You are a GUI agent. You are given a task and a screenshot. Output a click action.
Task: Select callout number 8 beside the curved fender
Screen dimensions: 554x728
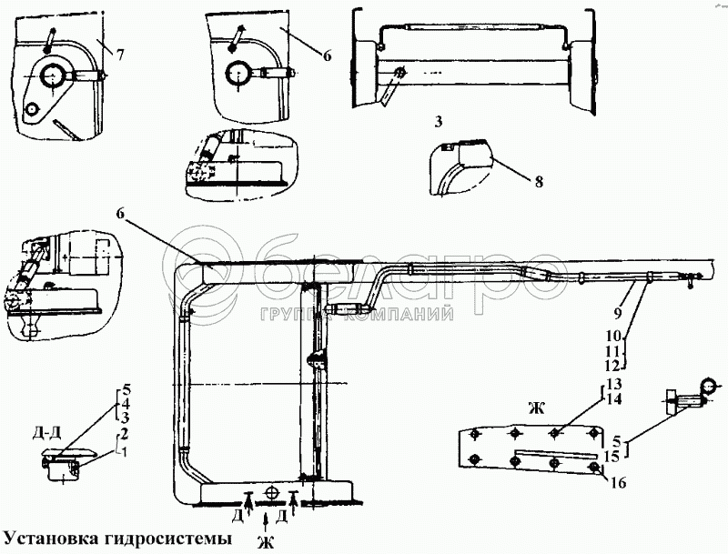pos(539,181)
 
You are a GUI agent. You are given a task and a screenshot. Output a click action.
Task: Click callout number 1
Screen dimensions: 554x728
pos(125,453)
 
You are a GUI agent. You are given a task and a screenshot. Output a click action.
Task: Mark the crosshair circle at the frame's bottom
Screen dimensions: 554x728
pos(270,492)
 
